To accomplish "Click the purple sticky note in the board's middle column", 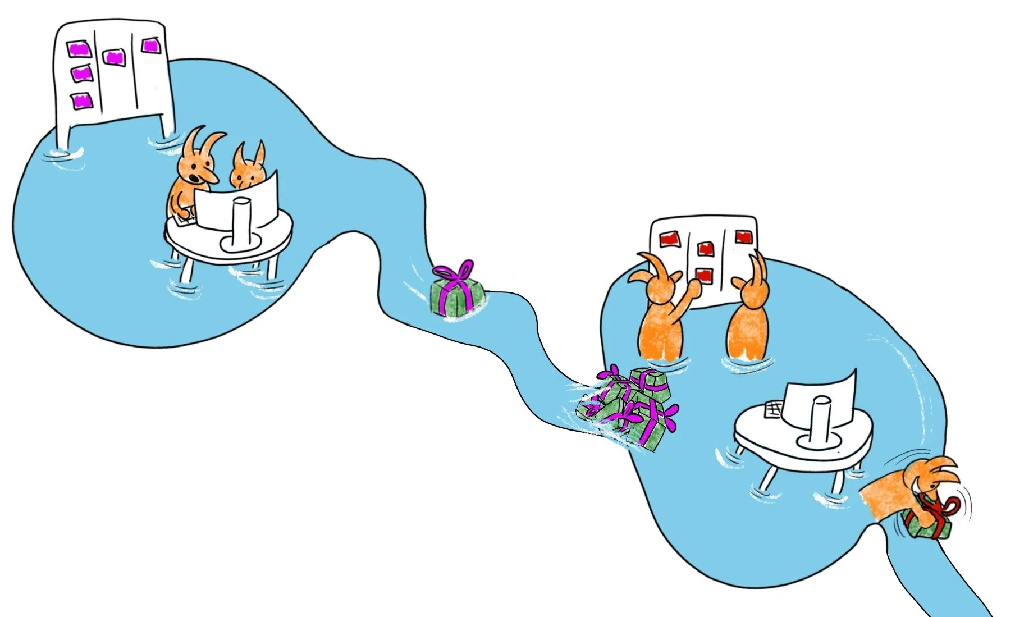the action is tap(114, 57).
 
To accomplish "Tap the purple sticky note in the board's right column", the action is tap(150, 45).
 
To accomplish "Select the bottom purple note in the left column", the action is tap(82, 101).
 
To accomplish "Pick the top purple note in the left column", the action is tap(78, 49).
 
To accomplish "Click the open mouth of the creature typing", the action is tap(193, 179).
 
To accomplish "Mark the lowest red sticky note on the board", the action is tap(704, 275).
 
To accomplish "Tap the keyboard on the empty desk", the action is tap(773, 409).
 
